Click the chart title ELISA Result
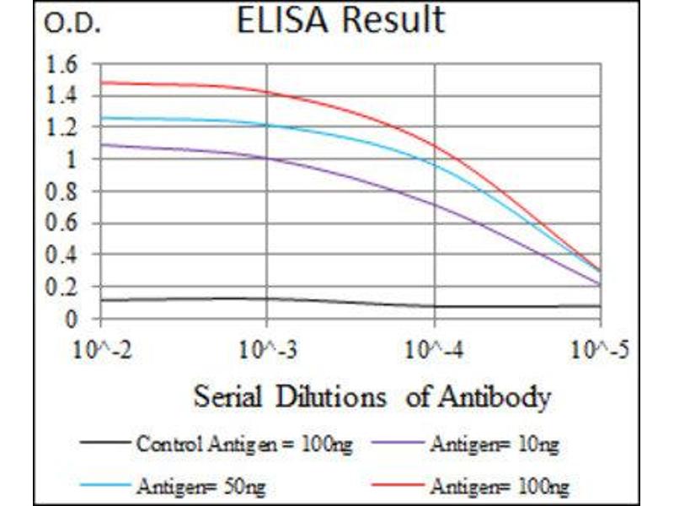click(340, 20)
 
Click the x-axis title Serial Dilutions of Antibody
click(372, 396)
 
